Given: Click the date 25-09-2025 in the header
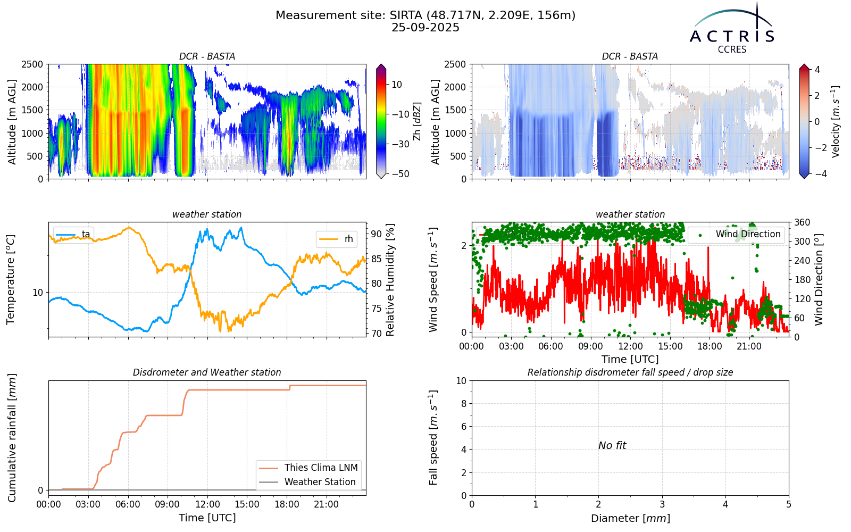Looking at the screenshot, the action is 425,28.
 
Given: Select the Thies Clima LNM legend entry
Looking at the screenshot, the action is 308,468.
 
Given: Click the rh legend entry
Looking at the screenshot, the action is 337,239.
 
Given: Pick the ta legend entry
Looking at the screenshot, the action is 73,234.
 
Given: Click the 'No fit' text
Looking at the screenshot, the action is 612,445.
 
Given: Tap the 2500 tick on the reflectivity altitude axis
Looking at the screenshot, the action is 32,64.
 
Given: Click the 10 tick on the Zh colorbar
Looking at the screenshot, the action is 397,85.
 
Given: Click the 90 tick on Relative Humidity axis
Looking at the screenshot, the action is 376,234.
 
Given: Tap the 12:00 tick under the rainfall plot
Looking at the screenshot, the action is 207,505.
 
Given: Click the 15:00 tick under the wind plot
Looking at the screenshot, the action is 670,346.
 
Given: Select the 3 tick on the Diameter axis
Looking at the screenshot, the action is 662,505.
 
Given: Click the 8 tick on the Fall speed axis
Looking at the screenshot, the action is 463,404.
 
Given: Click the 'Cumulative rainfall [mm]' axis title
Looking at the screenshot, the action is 12,438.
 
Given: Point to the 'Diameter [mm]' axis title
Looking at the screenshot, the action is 630,518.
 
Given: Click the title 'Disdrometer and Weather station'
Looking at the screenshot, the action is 207,372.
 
